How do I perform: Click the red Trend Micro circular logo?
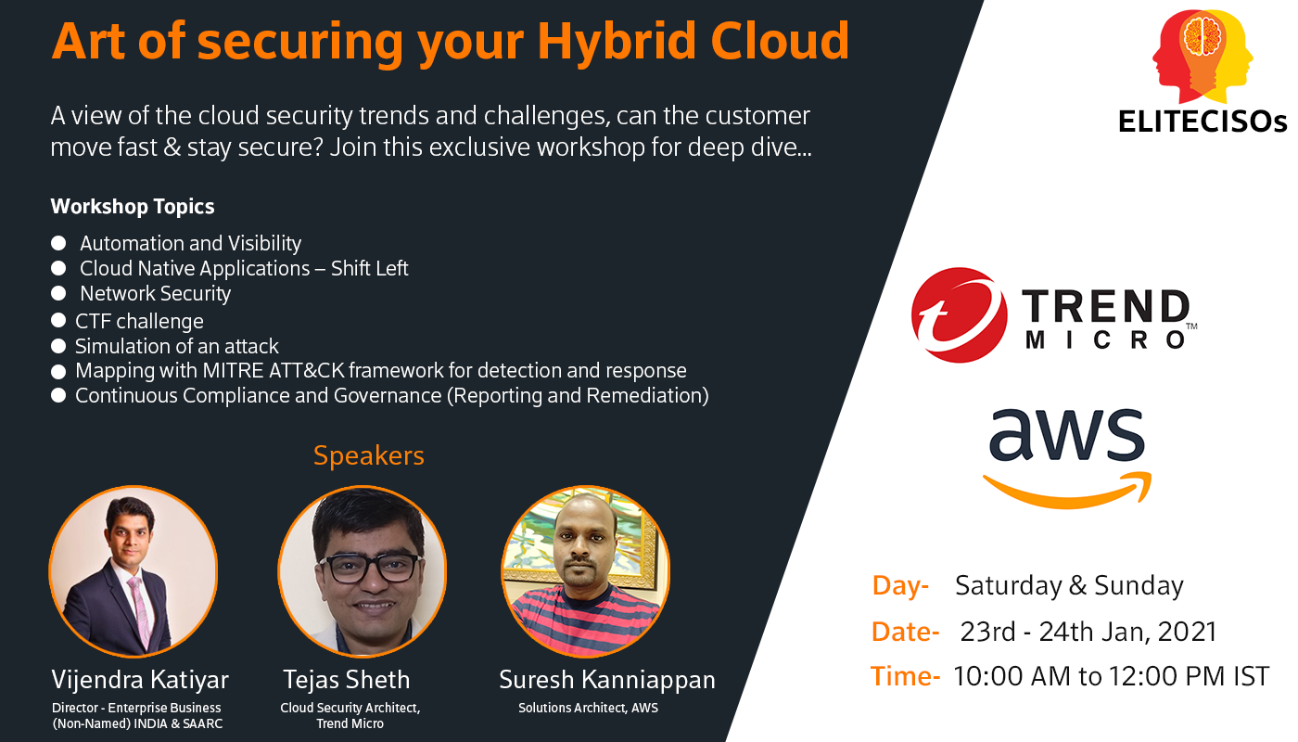pos(960,314)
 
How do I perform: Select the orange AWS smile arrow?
pos(1067,491)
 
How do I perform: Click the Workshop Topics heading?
pos(132,206)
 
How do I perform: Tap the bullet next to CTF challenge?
pos(58,321)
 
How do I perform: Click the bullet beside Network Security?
pos(58,293)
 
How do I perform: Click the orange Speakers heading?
pos(369,455)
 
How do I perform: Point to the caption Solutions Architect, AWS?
pos(588,708)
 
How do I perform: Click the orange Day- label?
pos(900,586)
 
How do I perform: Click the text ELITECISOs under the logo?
pos(1203,122)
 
